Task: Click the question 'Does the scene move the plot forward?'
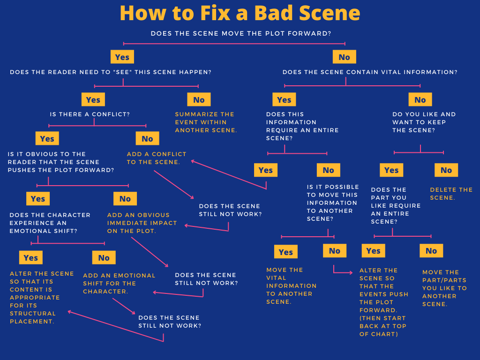[241, 34]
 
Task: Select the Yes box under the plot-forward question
[122, 57]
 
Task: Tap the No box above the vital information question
[344, 57]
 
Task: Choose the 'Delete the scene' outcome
[451, 194]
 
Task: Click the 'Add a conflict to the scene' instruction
[156, 158]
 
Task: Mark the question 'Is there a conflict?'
[90, 114]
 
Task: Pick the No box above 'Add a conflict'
[147, 139]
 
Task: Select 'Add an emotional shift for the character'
[119, 283]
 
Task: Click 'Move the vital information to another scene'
[291, 285]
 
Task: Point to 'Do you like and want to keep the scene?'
[424, 122]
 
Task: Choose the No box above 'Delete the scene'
[446, 170]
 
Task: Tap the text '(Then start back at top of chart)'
[383, 326]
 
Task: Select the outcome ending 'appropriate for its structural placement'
[41, 298]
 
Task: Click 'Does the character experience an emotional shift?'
[50, 223]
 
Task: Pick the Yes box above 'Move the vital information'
[285, 252]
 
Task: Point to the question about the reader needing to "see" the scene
[111, 72]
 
